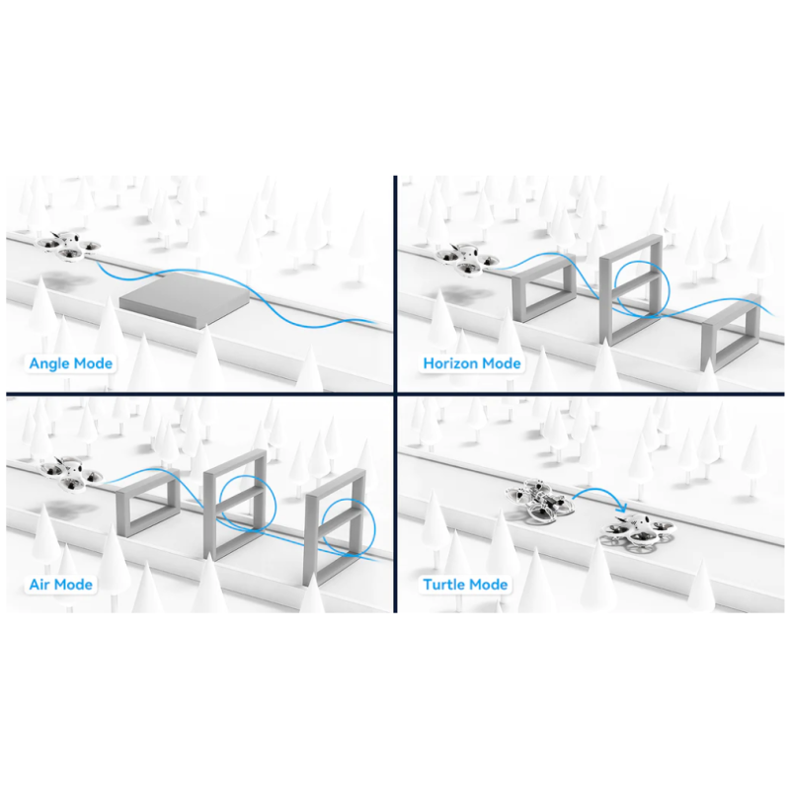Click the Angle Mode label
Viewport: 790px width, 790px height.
(x=70, y=363)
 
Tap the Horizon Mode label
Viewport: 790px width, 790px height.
(x=472, y=363)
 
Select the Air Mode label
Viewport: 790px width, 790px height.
(x=61, y=585)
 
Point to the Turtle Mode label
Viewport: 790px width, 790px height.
(x=465, y=585)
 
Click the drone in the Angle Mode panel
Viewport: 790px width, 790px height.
(x=69, y=245)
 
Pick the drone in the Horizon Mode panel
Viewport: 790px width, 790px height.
(x=466, y=261)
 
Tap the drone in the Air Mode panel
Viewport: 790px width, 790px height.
(x=71, y=474)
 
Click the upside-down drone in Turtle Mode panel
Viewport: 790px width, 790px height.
(x=540, y=501)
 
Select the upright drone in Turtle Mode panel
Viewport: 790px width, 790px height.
(x=638, y=529)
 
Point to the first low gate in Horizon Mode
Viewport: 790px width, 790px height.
(x=519, y=298)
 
